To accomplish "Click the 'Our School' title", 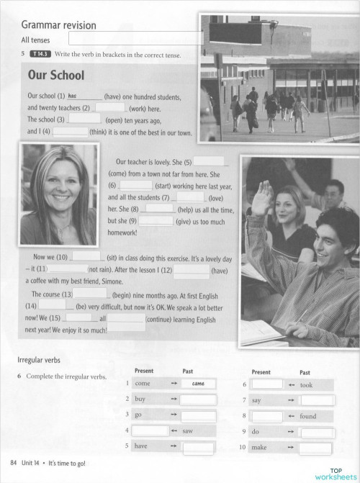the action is tap(55, 76).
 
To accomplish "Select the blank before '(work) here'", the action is tap(110, 107).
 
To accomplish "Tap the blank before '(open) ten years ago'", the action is tap(85, 119).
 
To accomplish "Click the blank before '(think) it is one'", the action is tap(71, 132).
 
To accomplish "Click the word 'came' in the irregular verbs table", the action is tap(199, 384).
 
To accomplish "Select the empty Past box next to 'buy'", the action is tap(199, 400).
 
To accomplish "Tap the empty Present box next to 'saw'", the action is tap(149, 430).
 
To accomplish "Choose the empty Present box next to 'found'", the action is tap(267, 415).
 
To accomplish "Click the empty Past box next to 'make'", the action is tap(318, 448).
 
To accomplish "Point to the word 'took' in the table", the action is tap(307, 384).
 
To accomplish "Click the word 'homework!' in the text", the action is tap(122, 233).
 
